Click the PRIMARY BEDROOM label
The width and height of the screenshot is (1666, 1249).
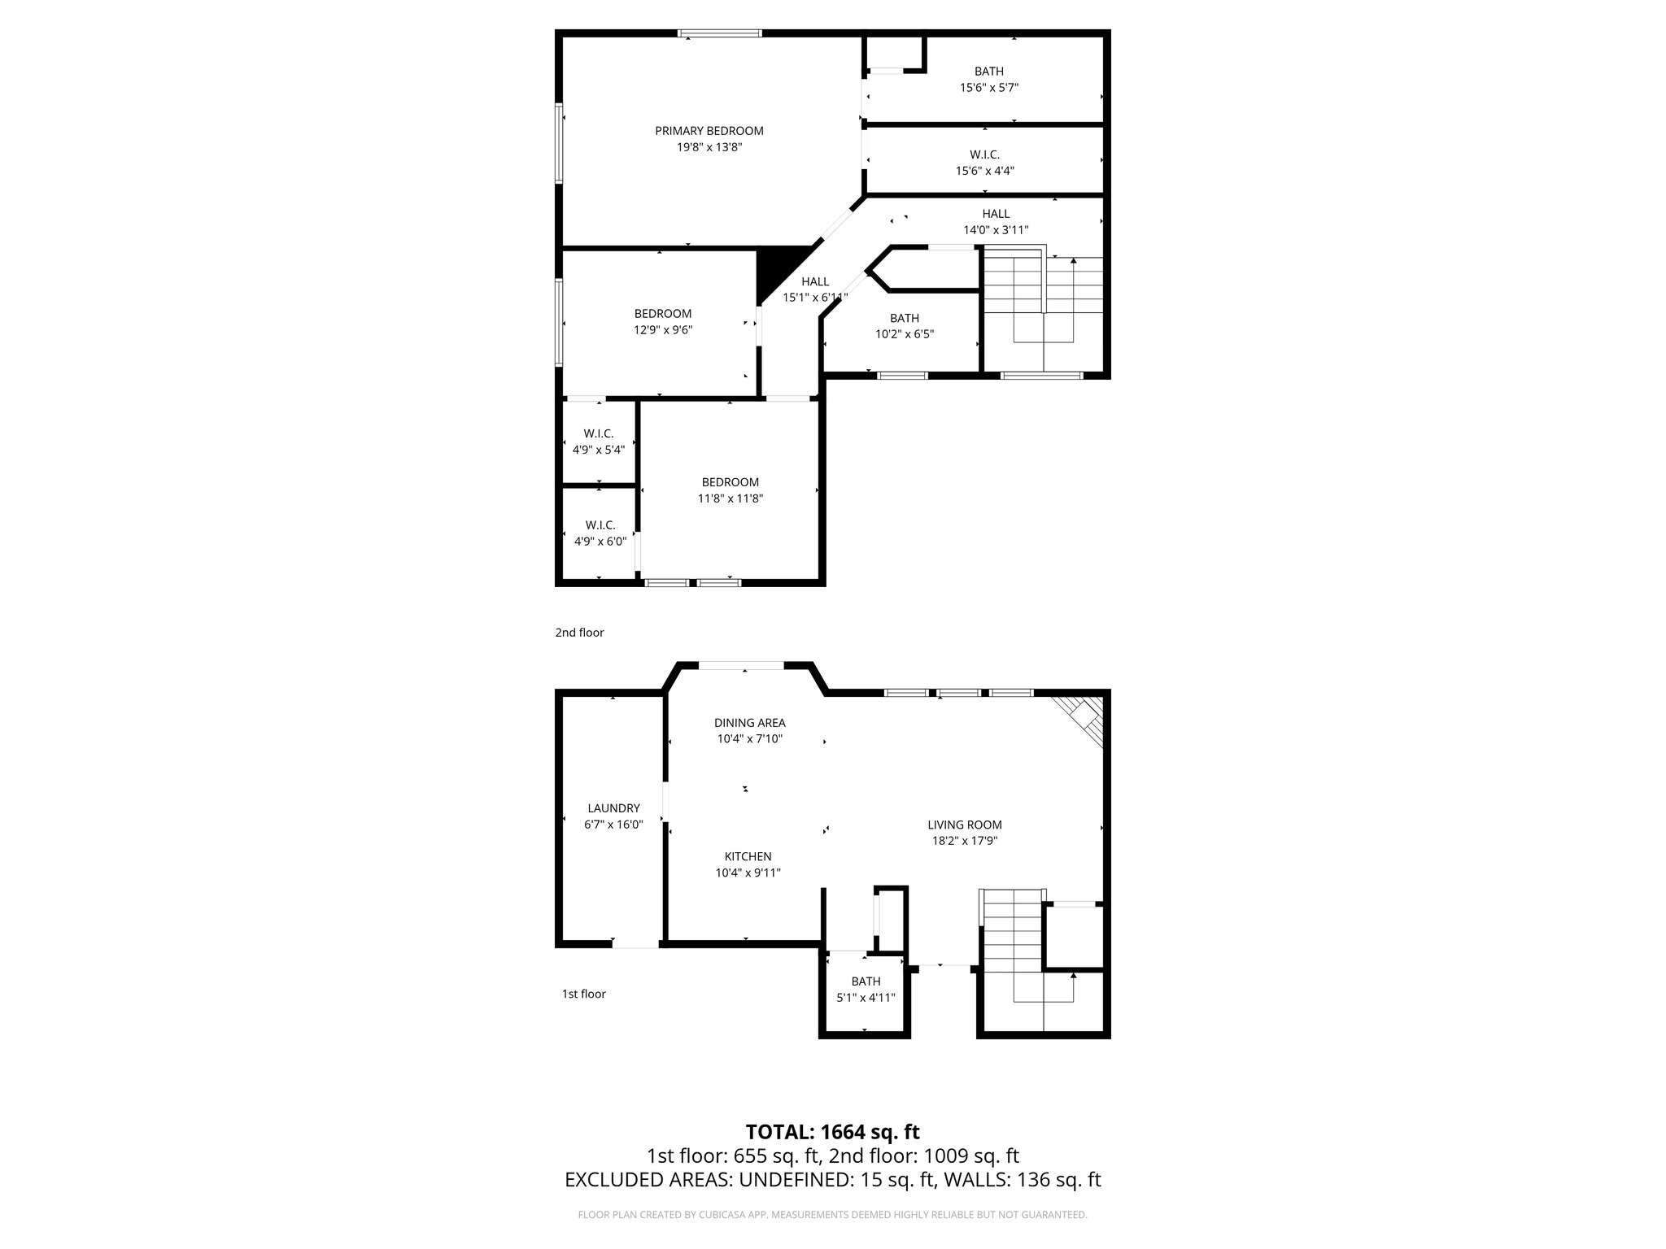[709, 131]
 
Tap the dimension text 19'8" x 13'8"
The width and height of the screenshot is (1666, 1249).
[709, 147]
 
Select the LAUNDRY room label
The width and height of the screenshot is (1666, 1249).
[613, 808]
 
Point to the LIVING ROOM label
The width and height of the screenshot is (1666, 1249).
[965, 825]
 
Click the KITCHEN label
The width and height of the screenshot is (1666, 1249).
[748, 856]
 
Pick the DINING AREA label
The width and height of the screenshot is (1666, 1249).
[749, 723]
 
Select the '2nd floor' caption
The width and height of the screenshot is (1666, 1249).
[579, 633]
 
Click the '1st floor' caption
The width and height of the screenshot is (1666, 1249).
[583, 994]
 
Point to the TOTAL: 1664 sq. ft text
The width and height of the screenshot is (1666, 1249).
[832, 1132]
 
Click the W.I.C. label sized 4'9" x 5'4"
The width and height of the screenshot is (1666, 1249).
[598, 433]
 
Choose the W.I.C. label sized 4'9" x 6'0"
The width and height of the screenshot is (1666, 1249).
[600, 525]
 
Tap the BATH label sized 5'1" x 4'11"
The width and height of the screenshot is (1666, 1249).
[866, 981]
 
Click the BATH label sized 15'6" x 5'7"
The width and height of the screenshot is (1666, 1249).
[988, 72]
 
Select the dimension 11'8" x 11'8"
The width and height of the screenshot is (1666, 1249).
[730, 498]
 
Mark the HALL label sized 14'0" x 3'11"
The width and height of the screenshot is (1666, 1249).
[996, 214]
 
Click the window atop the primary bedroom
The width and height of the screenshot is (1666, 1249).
[720, 33]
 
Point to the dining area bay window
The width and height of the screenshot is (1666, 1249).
[741, 666]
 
